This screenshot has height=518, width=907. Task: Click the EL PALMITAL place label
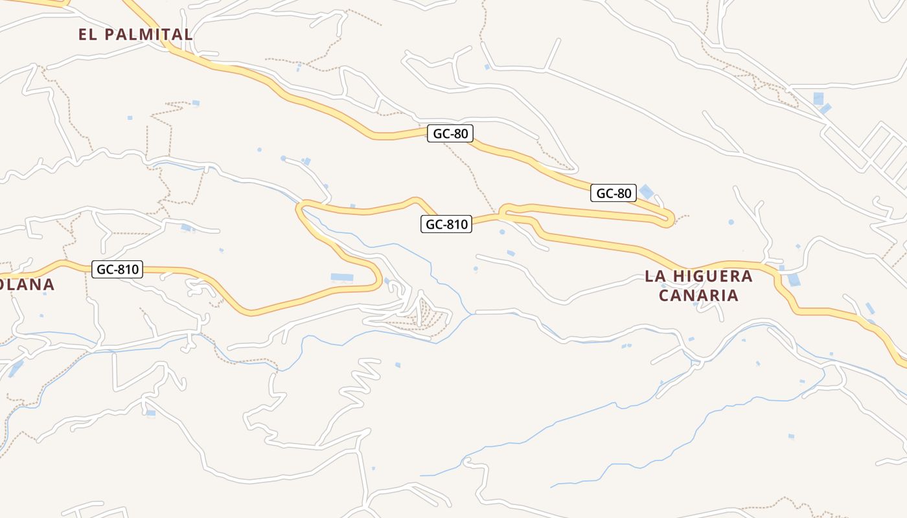[x=135, y=34]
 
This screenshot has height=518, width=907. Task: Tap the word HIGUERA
[x=713, y=276]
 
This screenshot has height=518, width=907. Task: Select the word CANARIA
[x=698, y=296]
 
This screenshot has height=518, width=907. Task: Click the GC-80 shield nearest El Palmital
[x=450, y=134]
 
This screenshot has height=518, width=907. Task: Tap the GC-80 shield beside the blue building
[x=613, y=193]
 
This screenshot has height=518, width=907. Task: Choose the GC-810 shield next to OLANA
[x=117, y=269]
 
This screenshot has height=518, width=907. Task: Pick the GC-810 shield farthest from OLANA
[x=446, y=225]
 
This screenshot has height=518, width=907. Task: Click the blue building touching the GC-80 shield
[x=647, y=192]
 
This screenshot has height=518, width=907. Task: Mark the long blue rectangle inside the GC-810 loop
[x=342, y=278]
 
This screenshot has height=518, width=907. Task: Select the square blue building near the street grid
[x=818, y=98]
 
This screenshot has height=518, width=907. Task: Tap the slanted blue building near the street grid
[x=825, y=109]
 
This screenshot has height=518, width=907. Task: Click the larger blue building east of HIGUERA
[x=794, y=280]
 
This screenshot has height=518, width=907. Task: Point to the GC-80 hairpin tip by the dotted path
[x=671, y=218]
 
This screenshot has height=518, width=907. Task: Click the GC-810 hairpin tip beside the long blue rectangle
[x=378, y=275]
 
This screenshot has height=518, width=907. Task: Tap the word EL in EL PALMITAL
[x=88, y=34]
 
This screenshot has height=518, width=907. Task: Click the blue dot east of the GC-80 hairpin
[x=731, y=222]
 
